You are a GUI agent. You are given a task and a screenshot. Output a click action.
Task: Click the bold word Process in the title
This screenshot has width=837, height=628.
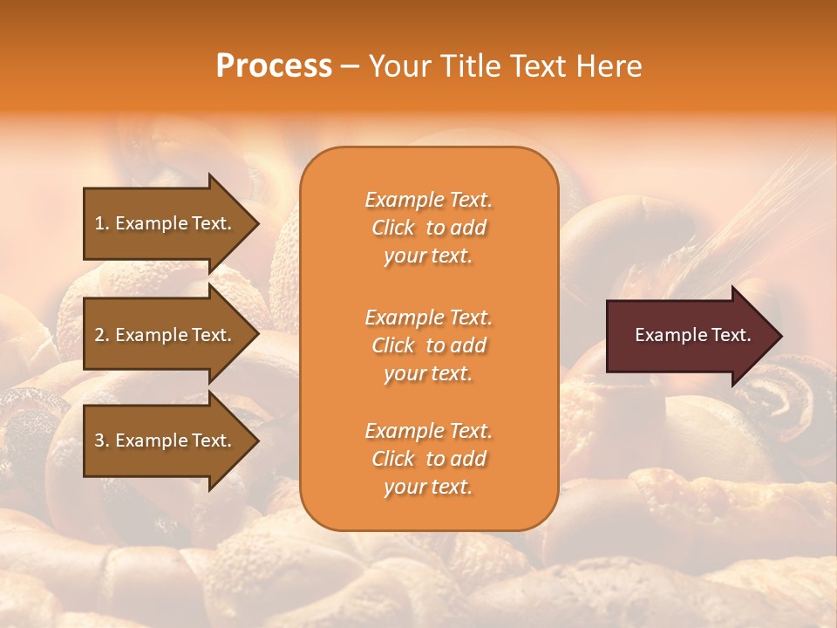pos(274,66)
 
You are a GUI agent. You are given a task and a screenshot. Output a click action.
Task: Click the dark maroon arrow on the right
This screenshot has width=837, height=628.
pos(689,336)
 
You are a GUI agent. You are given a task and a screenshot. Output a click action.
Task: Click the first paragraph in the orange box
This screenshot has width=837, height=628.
pos(428,228)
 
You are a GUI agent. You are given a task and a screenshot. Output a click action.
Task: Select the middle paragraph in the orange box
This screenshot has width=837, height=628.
pos(428,345)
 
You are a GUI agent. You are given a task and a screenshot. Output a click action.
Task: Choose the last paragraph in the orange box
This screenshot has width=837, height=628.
pos(428,459)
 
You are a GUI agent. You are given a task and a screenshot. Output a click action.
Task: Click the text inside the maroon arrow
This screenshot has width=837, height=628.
pos(692,335)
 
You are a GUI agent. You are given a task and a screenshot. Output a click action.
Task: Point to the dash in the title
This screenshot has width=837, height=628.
pos(350,67)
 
